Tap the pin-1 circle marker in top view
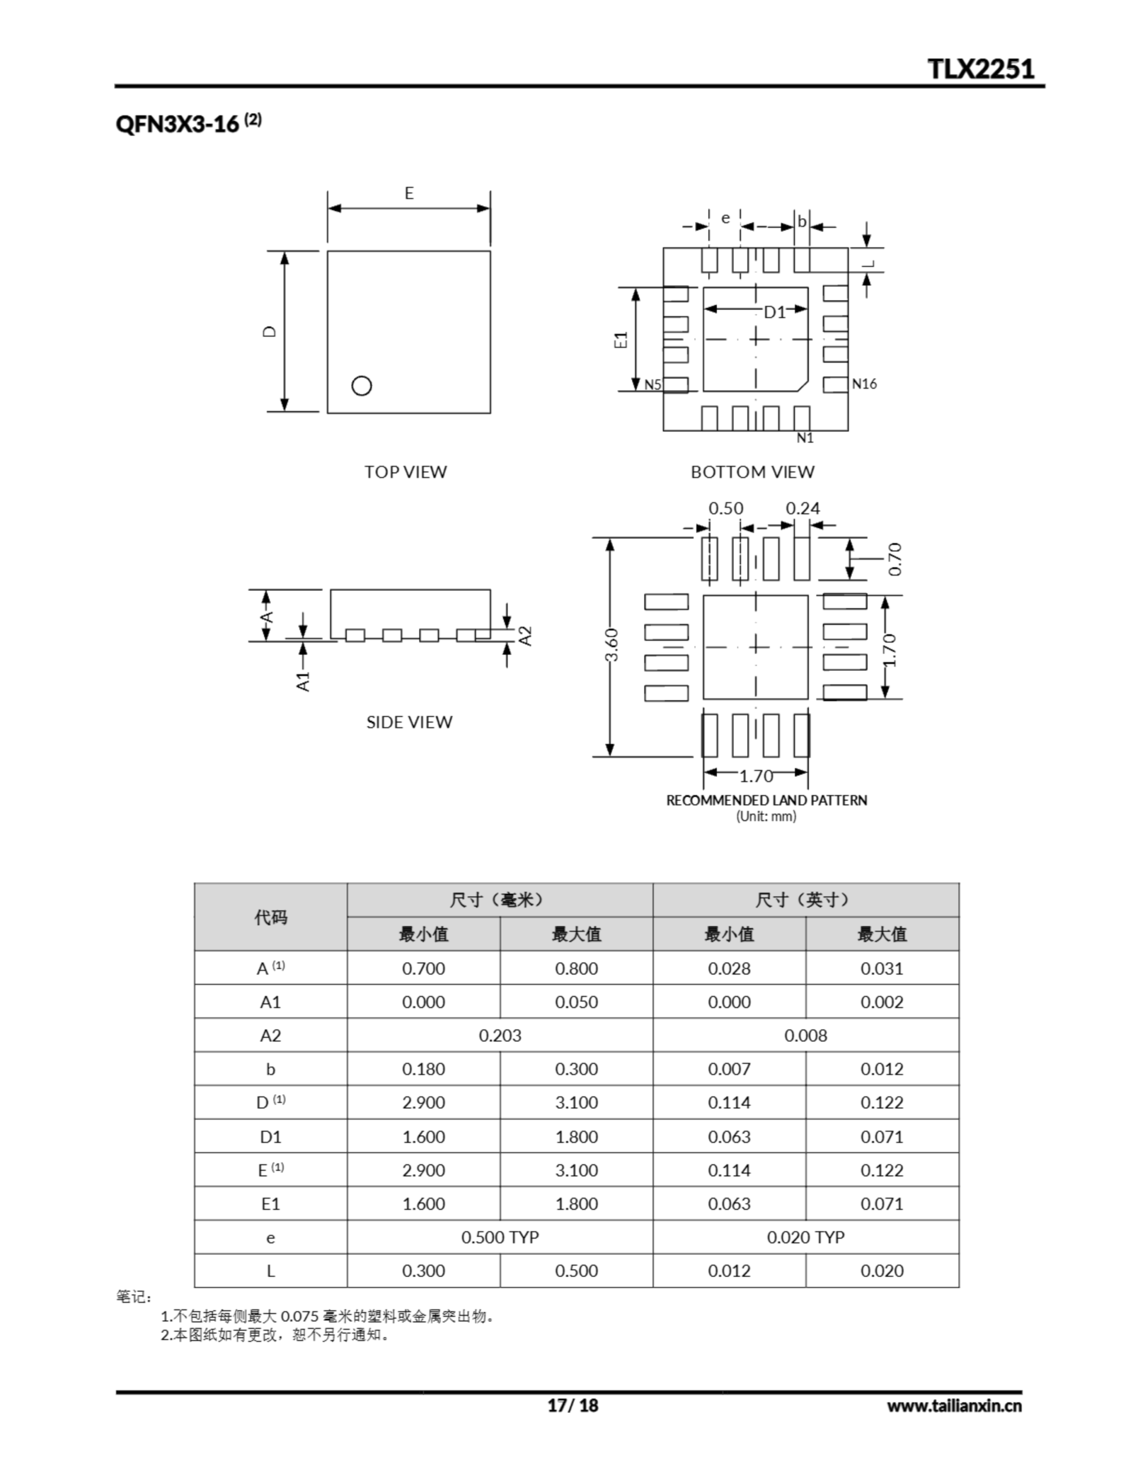coord(361,385)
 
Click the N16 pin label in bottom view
coord(864,384)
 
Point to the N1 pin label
coord(805,438)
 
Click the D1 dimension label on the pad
coord(774,312)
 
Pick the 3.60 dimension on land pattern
coord(611,646)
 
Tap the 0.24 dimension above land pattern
coord(803,509)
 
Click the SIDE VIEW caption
coord(409,722)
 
